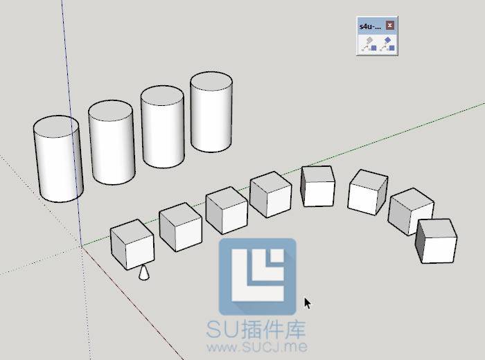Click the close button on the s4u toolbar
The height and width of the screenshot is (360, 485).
click(390, 26)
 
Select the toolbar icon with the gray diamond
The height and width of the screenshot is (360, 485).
click(368, 44)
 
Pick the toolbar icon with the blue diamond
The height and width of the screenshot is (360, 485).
click(387, 44)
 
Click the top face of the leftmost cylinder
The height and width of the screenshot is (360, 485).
click(57, 127)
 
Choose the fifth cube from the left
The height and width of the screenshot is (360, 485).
click(318, 186)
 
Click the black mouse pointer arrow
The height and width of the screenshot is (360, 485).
click(307, 303)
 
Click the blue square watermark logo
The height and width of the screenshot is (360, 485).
click(258, 276)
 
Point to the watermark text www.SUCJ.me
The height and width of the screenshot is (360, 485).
click(258, 345)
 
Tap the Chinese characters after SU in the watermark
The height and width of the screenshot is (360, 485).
click(273, 328)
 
